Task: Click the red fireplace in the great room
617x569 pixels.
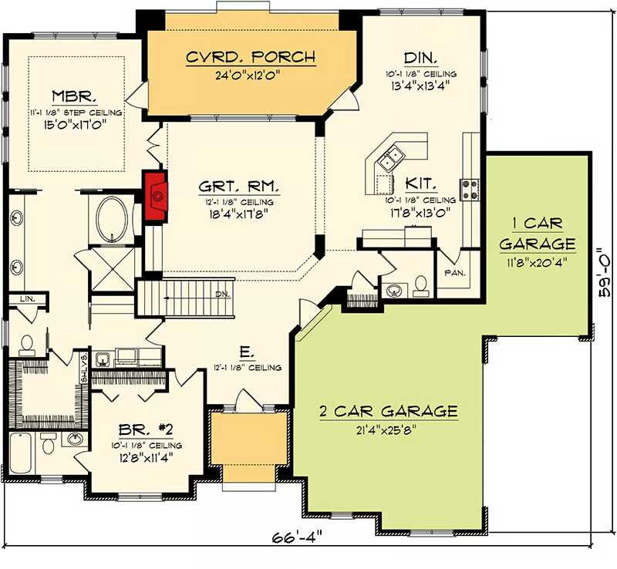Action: pyautogui.click(x=157, y=197)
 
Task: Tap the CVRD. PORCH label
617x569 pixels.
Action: pyautogui.click(x=251, y=56)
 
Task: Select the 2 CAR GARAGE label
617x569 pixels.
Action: pyautogui.click(x=389, y=411)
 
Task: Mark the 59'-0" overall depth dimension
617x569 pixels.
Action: pyautogui.click(x=607, y=273)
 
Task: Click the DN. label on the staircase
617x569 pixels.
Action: pyautogui.click(x=221, y=294)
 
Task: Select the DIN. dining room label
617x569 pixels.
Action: pyautogui.click(x=422, y=57)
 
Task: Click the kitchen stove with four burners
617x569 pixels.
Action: pyautogui.click(x=469, y=187)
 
